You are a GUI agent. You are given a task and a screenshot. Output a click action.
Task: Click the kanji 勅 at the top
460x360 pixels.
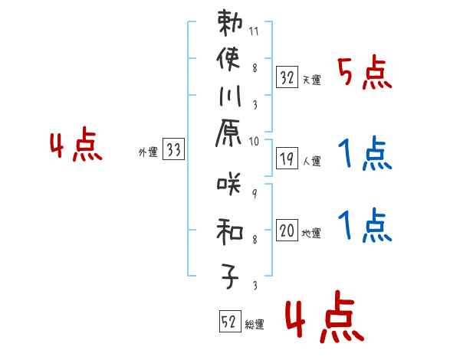coord(230,25)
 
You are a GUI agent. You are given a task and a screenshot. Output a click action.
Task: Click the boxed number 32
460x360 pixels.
coord(287,77)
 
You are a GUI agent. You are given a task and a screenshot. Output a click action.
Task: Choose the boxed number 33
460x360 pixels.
coord(173,151)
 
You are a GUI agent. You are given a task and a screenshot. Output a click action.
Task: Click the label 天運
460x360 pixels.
coord(311,80)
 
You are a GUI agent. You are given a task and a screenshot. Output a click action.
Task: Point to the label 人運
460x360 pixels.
coord(311,161)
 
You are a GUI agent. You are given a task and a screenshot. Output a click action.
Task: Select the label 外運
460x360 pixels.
coord(147,152)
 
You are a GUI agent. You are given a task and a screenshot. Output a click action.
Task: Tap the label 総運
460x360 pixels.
coord(255,325)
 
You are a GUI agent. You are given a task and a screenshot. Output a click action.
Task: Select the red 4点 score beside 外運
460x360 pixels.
coord(76,146)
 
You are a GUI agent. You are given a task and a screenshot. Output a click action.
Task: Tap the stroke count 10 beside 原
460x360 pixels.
coord(255,141)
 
